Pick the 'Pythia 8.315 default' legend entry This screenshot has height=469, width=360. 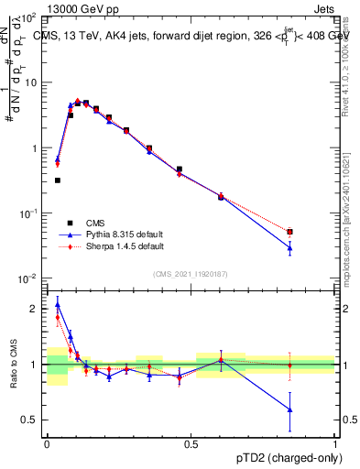(111, 234)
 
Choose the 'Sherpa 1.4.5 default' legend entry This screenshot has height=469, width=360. (111, 246)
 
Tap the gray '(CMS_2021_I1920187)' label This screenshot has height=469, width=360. (191, 273)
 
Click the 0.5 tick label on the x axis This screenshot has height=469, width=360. (191, 443)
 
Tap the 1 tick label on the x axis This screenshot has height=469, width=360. (335, 443)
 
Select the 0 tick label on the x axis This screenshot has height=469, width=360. (47, 443)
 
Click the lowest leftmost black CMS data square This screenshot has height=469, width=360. (57, 180)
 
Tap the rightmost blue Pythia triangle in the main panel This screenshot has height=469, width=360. (289, 247)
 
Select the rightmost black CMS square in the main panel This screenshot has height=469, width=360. (289, 232)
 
